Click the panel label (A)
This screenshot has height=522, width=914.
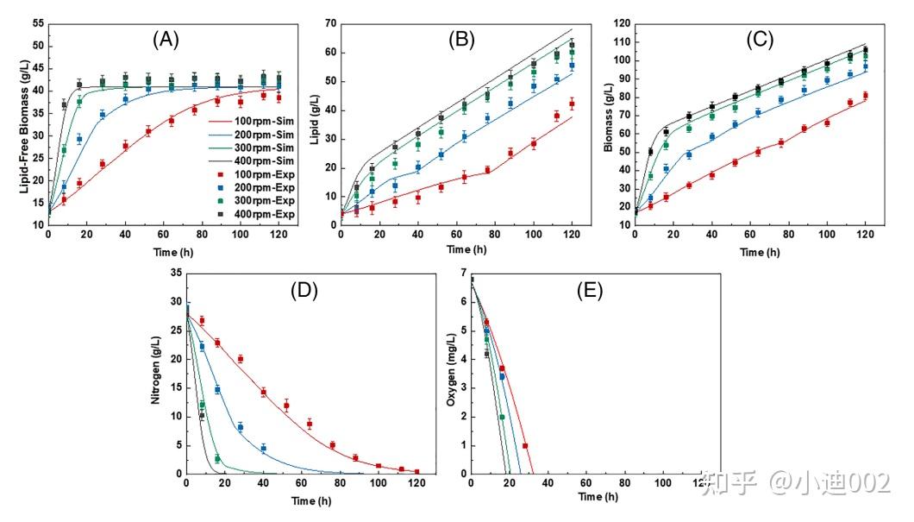(166, 39)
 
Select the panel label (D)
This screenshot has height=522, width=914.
(304, 290)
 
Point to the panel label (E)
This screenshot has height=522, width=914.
(591, 290)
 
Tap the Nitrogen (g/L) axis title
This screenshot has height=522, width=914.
(156, 372)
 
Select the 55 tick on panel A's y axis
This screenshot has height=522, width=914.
(37, 23)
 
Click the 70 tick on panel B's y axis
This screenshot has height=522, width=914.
(329, 23)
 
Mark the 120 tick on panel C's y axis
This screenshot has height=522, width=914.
(620, 23)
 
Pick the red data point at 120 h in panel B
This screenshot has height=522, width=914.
(571, 104)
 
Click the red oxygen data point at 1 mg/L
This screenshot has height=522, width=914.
(525, 445)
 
